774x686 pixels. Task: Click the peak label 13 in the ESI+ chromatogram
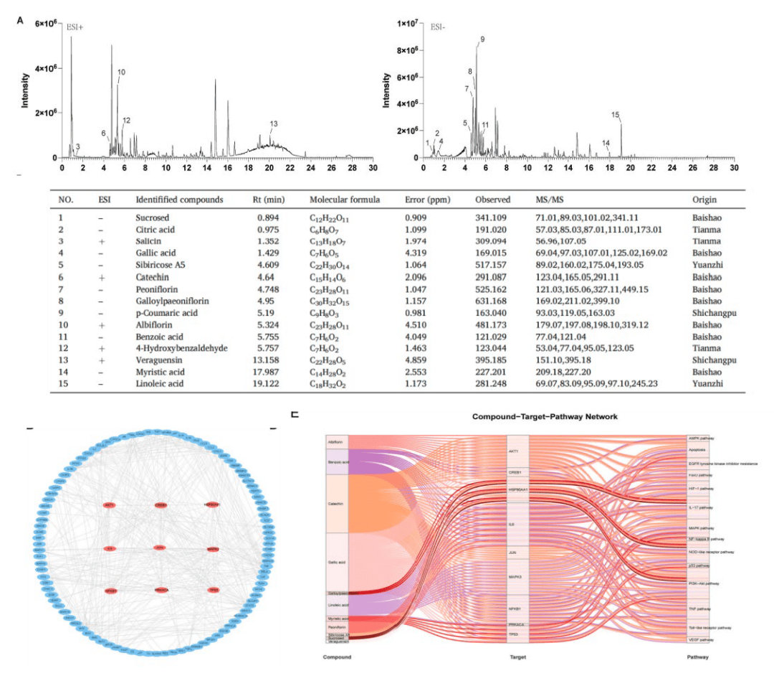click(273, 124)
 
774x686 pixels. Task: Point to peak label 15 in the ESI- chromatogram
click(615, 115)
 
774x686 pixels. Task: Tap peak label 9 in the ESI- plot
click(482, 39)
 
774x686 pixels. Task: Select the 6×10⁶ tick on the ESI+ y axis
click(44, 24)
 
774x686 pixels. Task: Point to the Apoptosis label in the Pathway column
click(697, 450)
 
